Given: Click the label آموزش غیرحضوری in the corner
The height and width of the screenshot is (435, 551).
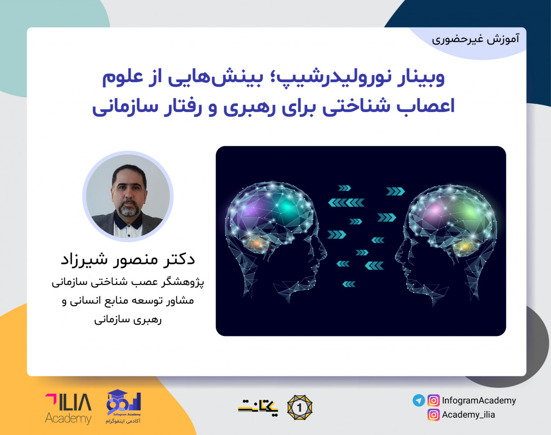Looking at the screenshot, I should click(476, 39).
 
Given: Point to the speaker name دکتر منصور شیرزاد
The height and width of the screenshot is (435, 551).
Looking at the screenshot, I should click(128, 259).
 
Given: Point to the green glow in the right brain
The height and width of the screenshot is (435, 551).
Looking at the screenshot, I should click(468, 211).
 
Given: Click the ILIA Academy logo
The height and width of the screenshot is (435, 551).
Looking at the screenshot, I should click(68, 408).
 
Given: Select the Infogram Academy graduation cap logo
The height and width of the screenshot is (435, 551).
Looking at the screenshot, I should click(123, 406).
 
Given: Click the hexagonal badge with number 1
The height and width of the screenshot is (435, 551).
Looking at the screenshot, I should click(299, 407).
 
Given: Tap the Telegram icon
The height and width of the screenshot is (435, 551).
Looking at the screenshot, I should click(418, 400).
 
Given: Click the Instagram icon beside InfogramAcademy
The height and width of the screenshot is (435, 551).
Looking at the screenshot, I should click(433, 400).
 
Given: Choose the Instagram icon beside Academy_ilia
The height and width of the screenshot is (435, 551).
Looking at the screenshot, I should click(433, 415).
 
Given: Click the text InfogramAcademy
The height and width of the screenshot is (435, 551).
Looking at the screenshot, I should click(479, 400).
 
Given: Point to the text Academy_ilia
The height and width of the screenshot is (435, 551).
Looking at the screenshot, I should click(468, 415).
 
